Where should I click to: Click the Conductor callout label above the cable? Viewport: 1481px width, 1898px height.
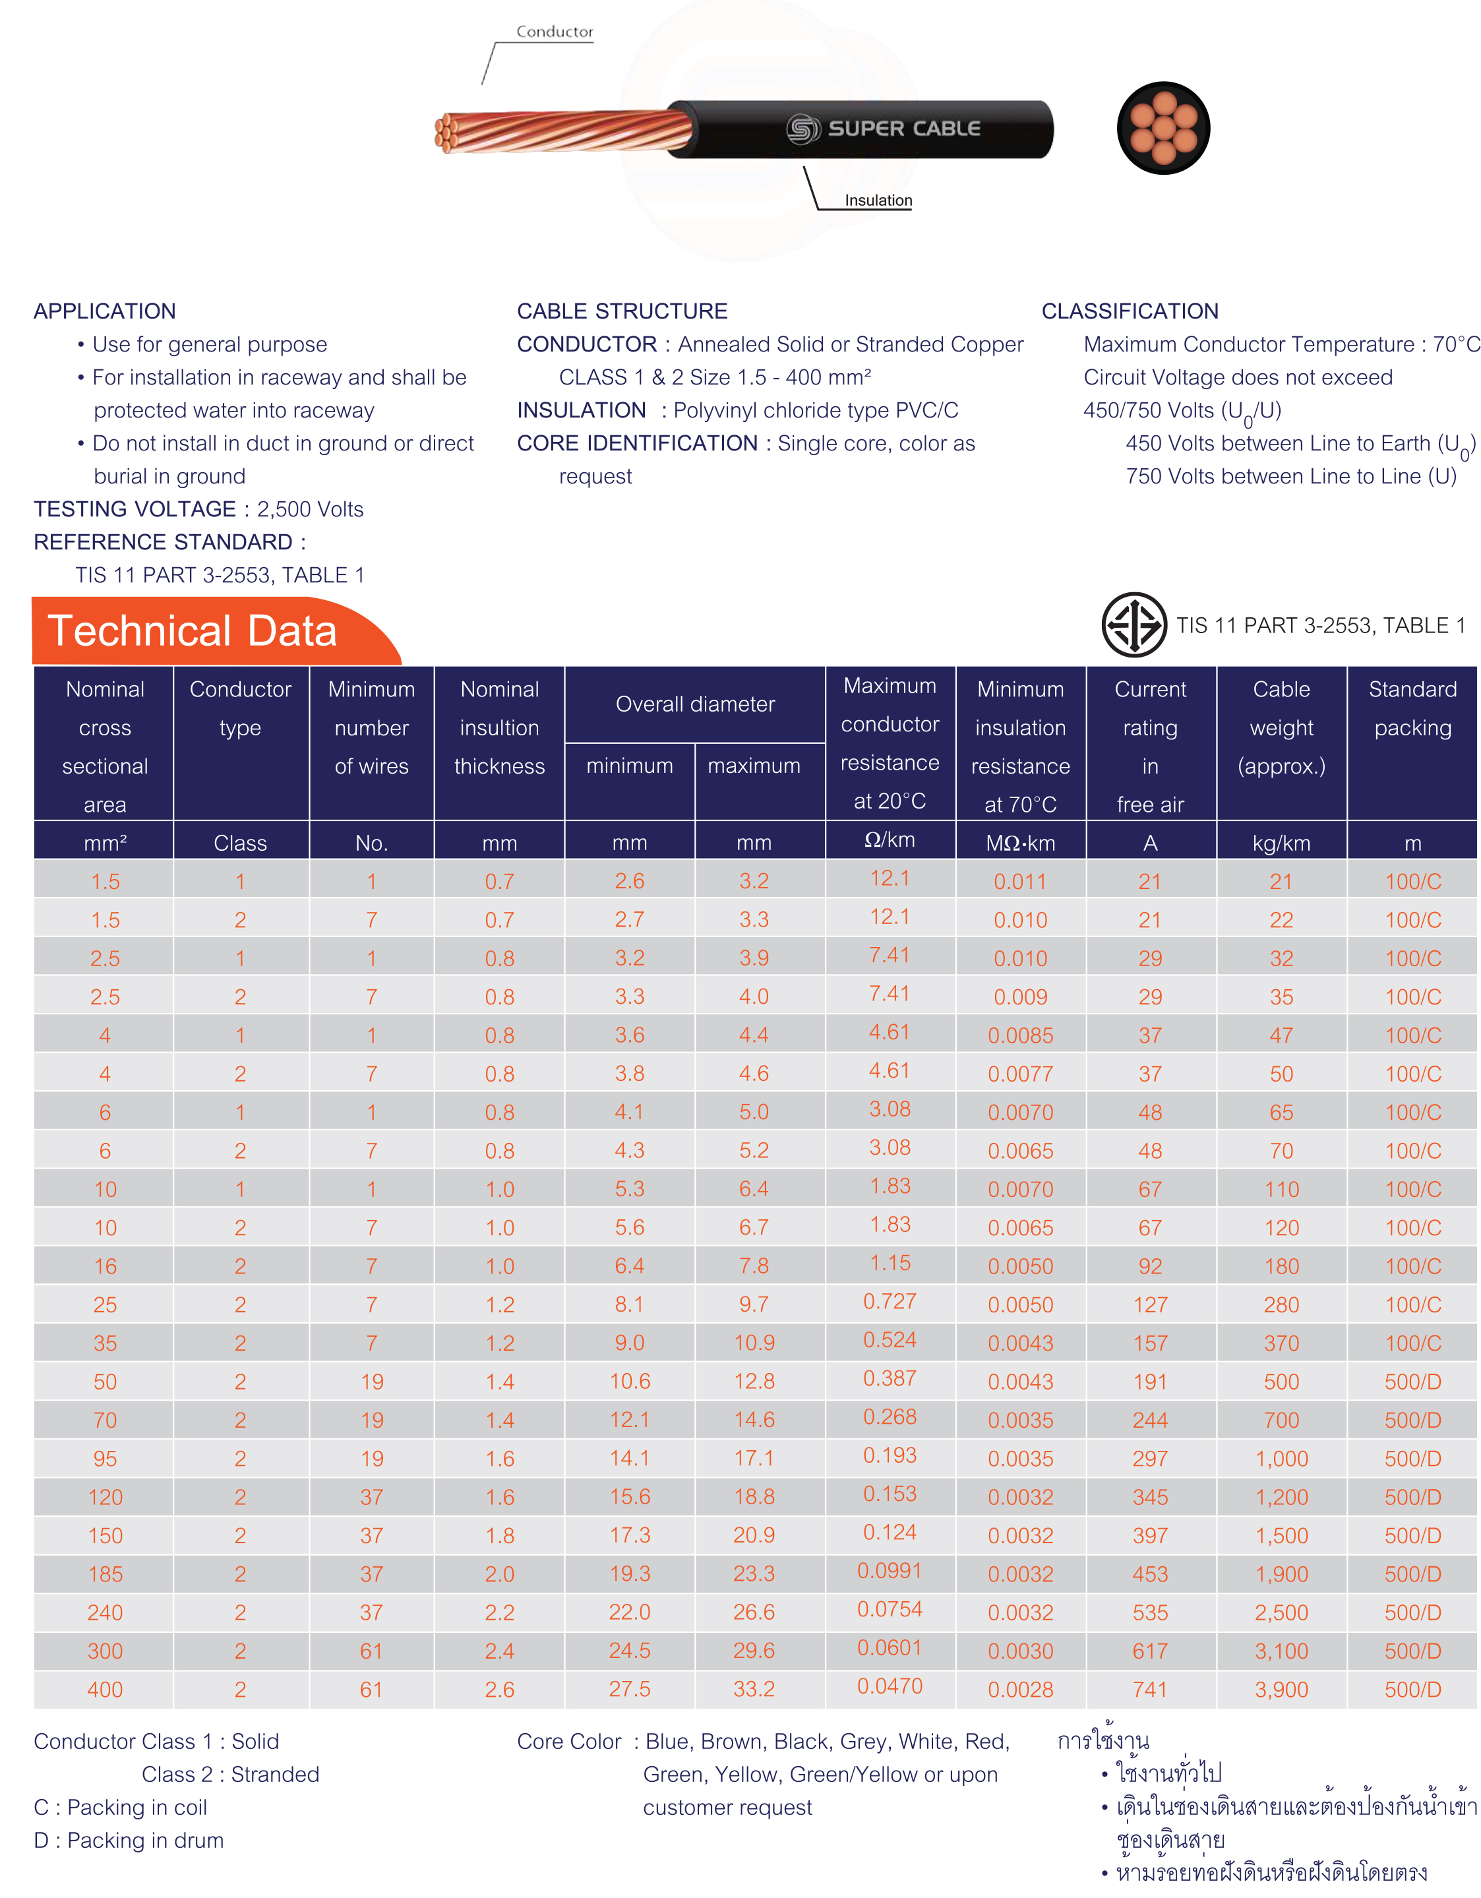coord(555,31)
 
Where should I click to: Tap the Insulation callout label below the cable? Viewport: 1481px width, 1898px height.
coord(878,200)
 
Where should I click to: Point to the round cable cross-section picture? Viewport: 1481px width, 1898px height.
coord(1163,128)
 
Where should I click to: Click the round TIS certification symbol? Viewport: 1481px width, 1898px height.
coord(1134,624)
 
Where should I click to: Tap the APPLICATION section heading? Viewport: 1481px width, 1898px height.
coord(104,311)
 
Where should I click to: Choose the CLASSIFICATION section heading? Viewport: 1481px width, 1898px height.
coord(1130,311)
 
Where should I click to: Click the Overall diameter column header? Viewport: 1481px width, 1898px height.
coord(695,704)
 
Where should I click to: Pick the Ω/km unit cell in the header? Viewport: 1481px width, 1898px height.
coord(889,840)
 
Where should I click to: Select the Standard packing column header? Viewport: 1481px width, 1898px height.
coord(1412,708)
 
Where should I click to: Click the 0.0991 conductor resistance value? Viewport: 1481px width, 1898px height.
coord(889,1570)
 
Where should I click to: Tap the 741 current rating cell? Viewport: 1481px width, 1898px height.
coord(1150,1690)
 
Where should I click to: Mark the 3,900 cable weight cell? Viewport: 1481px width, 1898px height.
coord(1281,1690)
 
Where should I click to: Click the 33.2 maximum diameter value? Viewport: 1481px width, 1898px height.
coord(754,1688)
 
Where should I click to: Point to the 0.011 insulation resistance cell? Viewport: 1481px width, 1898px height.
coord(1020,881)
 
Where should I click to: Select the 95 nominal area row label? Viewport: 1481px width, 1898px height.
coord(105,1458)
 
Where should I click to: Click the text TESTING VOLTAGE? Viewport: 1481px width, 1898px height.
coord(135,509)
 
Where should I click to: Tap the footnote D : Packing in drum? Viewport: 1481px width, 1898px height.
coord(129,1841)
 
